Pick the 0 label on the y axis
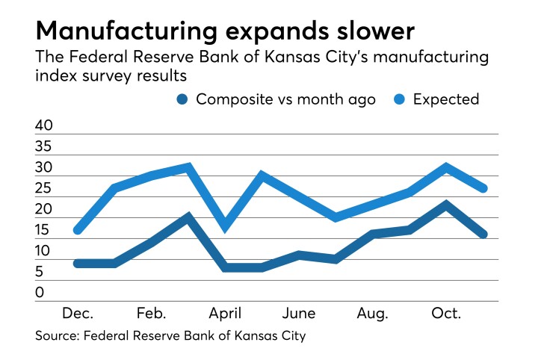click(40, 292)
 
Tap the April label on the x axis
click(226, 313)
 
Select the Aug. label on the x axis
click(371, 313)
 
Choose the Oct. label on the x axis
click(445, 313)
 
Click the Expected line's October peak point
click(446, 167)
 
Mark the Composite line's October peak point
click(446, 205)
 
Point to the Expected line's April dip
click(226, 227)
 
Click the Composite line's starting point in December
click(78, 263)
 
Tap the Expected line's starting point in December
click(78, 230)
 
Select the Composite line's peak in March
click(188, 217)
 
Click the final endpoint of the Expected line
click(484, 188)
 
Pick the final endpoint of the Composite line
click(484, 235)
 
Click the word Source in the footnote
click(58, 336)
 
